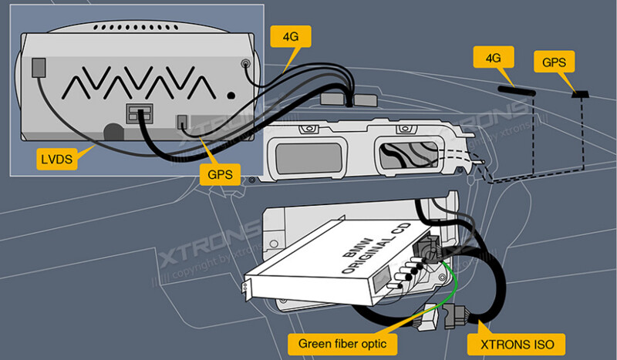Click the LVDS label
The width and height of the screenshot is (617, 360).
point(58,160)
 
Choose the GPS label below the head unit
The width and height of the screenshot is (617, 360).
point(220,174)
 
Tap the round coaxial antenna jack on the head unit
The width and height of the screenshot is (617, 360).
point(245,65)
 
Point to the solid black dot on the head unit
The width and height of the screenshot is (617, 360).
point(231,96)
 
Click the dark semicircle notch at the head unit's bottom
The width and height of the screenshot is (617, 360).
point(113,132)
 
